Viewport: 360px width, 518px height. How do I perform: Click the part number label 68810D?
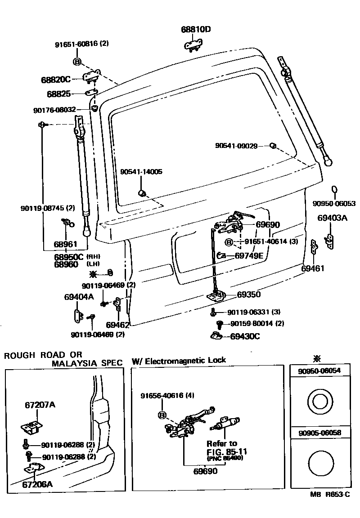click(196, 30)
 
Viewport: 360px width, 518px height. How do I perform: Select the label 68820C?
click(55, 80)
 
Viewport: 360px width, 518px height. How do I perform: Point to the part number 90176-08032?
click(54, 110)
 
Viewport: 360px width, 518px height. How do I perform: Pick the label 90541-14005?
click(141, 172)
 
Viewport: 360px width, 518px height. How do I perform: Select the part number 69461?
click(313, 268)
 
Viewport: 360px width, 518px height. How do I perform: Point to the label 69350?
click(249, 295)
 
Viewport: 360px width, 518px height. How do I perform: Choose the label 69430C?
click(245, 336)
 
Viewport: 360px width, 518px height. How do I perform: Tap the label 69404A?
click(79, 297)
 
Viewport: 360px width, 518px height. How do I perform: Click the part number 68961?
click(66, 244)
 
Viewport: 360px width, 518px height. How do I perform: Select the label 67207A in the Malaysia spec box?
click(40, 405)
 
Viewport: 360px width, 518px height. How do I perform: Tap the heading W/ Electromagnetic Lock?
click(179, 360)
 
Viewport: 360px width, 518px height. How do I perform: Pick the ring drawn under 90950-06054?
click(320, 400)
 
